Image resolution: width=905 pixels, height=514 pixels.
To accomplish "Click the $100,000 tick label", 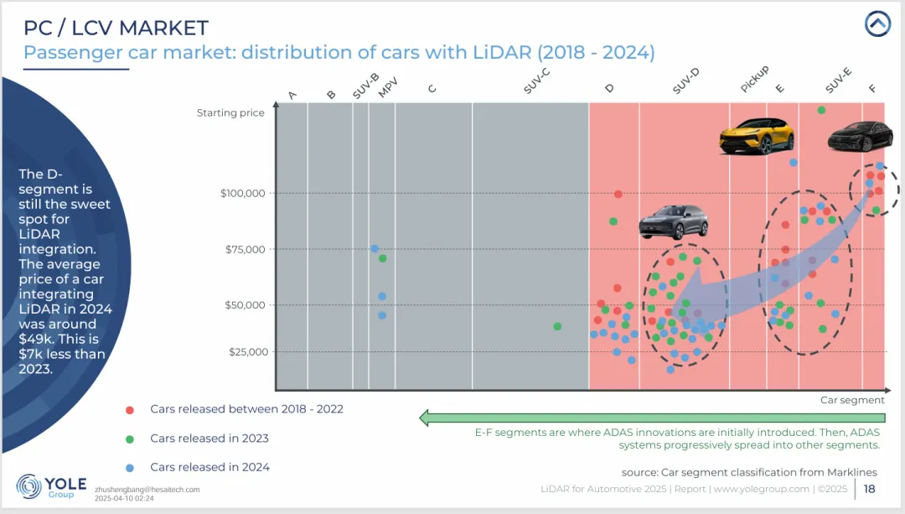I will (242, 194).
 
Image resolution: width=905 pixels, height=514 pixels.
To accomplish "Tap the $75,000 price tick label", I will (245, 249).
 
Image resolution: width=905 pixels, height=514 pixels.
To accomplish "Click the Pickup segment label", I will (754, 80).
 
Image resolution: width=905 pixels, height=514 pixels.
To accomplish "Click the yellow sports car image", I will (756, 134).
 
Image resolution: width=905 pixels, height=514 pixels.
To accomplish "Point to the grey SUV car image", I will (673, 221).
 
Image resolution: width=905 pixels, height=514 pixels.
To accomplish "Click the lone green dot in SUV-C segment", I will (557, 326).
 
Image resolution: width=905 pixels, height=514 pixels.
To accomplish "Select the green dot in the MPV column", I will (382, 258).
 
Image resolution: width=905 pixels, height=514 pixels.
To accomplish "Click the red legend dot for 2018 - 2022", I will (129, 409).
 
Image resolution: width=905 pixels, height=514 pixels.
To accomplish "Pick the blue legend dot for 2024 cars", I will (129, 467).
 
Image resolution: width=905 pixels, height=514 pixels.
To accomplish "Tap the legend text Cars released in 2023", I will (209, 438).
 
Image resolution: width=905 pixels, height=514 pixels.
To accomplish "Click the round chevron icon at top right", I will (877, 24).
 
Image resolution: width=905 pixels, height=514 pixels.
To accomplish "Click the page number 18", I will (870, 489).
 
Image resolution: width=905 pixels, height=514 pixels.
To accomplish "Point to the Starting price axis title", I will (230, 113).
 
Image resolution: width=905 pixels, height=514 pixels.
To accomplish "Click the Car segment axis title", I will (852, 401).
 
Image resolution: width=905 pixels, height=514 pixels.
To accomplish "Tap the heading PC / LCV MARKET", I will (116, 28).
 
